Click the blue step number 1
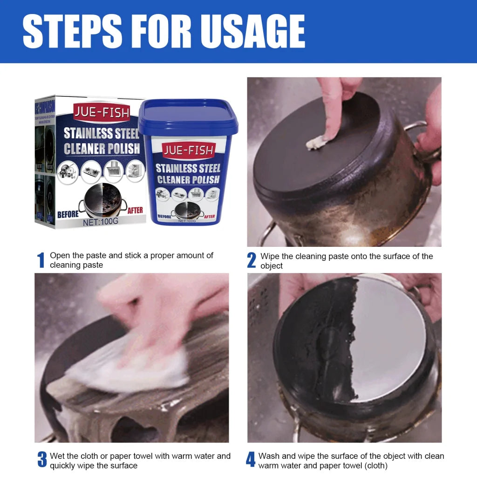coord(41,260)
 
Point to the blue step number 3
coord(42,460)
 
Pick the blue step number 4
coord(251,460)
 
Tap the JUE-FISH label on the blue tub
coord(189,150)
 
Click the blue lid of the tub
coord(188,116)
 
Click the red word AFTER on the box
coord(135,211)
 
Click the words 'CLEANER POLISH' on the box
coord(102,149)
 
